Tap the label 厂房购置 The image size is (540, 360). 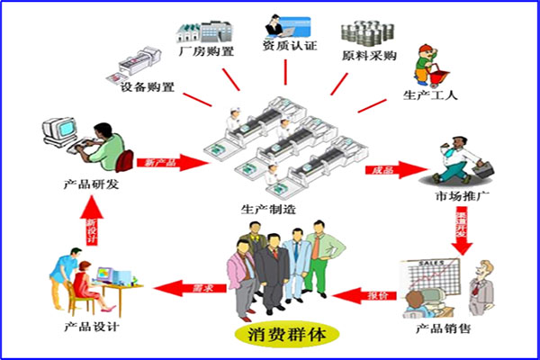[206, 51]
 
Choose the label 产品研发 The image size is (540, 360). [93, 185]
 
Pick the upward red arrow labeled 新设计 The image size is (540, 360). [91, 230]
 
